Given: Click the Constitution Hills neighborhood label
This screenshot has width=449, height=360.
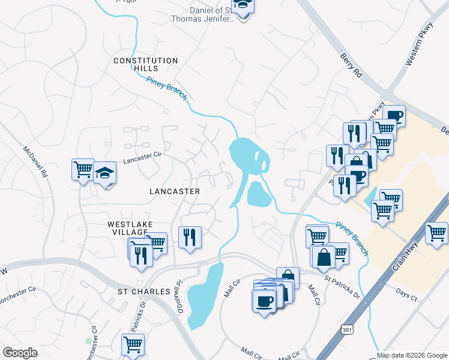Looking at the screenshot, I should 146,65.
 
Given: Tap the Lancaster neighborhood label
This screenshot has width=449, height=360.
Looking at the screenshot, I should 174,191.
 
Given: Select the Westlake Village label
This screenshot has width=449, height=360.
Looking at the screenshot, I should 127,228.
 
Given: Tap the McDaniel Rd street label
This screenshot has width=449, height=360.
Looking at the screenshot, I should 34,163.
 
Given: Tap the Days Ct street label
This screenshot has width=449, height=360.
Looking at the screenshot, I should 406,293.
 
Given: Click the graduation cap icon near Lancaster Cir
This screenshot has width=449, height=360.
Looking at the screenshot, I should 104,173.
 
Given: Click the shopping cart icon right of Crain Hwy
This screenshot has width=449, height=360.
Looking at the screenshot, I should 436,232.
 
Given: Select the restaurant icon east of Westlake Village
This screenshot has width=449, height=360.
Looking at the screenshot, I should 190,237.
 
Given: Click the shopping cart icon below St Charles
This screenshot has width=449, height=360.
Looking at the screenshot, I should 133,344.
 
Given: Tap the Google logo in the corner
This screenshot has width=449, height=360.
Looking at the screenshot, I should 20,353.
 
